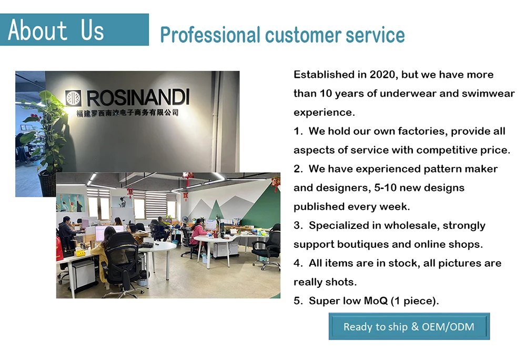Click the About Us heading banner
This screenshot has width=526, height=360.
pyautogui.click(x=74, y=29)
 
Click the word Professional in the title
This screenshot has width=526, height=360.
pyautogui.click(x=210, y=35)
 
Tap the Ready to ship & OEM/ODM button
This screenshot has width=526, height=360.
pyautogui.click(x=409, y=326)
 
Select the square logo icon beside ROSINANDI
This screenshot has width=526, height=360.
pyautogui.click(x=73, y=98)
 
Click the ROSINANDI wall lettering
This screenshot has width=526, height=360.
pyautogui.click(x=138, y=98)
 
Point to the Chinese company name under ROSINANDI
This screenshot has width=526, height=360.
pyautogui.click(x=127, y=113)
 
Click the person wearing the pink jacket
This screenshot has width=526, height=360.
pyautogui.click(x=198, y=233)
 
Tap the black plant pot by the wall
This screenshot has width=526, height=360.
pyautogui.click(x=48, y=183)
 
